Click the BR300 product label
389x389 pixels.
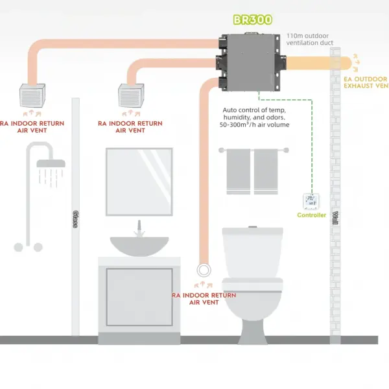pyautogui.click(x=252, y=21)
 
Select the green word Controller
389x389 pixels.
pyautogui.click(x=312, y=215)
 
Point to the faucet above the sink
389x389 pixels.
pyautogui.click(x=137, y=228)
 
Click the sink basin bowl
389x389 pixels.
pyautogui.click(x=139, y=244)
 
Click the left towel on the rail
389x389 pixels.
pyautogui.click(x=238, y=172)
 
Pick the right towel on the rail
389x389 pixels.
pyautogui.click(x=265, y=172)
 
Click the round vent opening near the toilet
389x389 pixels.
pyautogui.click(x=204, y=268)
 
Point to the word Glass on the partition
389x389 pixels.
pyautogui.click(x=76, y=220)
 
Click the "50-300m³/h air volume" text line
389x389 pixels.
pyautogui.click(x=254, y=124)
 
